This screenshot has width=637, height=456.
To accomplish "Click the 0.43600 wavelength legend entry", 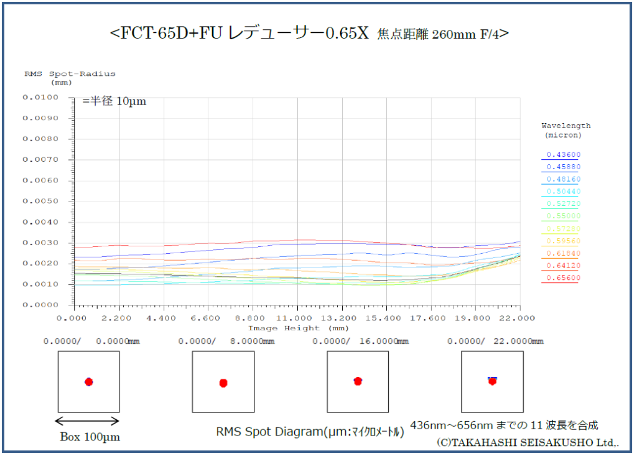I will (x=563, y=154).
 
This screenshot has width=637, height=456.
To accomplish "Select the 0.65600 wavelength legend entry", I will (x=563, y=278).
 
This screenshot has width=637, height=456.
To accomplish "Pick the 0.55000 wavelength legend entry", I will (x=563, y=216).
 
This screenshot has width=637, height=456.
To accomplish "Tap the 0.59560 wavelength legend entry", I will (x=563, y=241).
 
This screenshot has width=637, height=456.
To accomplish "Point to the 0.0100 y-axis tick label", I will (x=40, y=98).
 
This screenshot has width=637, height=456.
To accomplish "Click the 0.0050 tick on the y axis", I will (x=40, y=202).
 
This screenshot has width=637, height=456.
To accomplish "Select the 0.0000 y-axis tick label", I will (x=40, y=305).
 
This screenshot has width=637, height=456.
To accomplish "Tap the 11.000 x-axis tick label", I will (x=297, y=317).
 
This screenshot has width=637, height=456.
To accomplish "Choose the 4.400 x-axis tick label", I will (x=163, y=317).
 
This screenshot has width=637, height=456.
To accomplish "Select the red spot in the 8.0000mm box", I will (x=223, y=383).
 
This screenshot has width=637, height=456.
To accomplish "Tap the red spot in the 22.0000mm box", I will (x=492, y=381).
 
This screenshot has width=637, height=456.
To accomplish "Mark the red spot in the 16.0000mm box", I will (x=358, y=381).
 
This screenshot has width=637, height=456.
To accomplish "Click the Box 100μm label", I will (x=90, y=437).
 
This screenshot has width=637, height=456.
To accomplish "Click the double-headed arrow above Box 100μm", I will (x=88, y=420).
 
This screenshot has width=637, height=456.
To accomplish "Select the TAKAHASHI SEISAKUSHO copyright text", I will (x=528, y=443).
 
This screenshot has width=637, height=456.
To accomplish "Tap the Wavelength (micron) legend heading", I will (x=565, y=130).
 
